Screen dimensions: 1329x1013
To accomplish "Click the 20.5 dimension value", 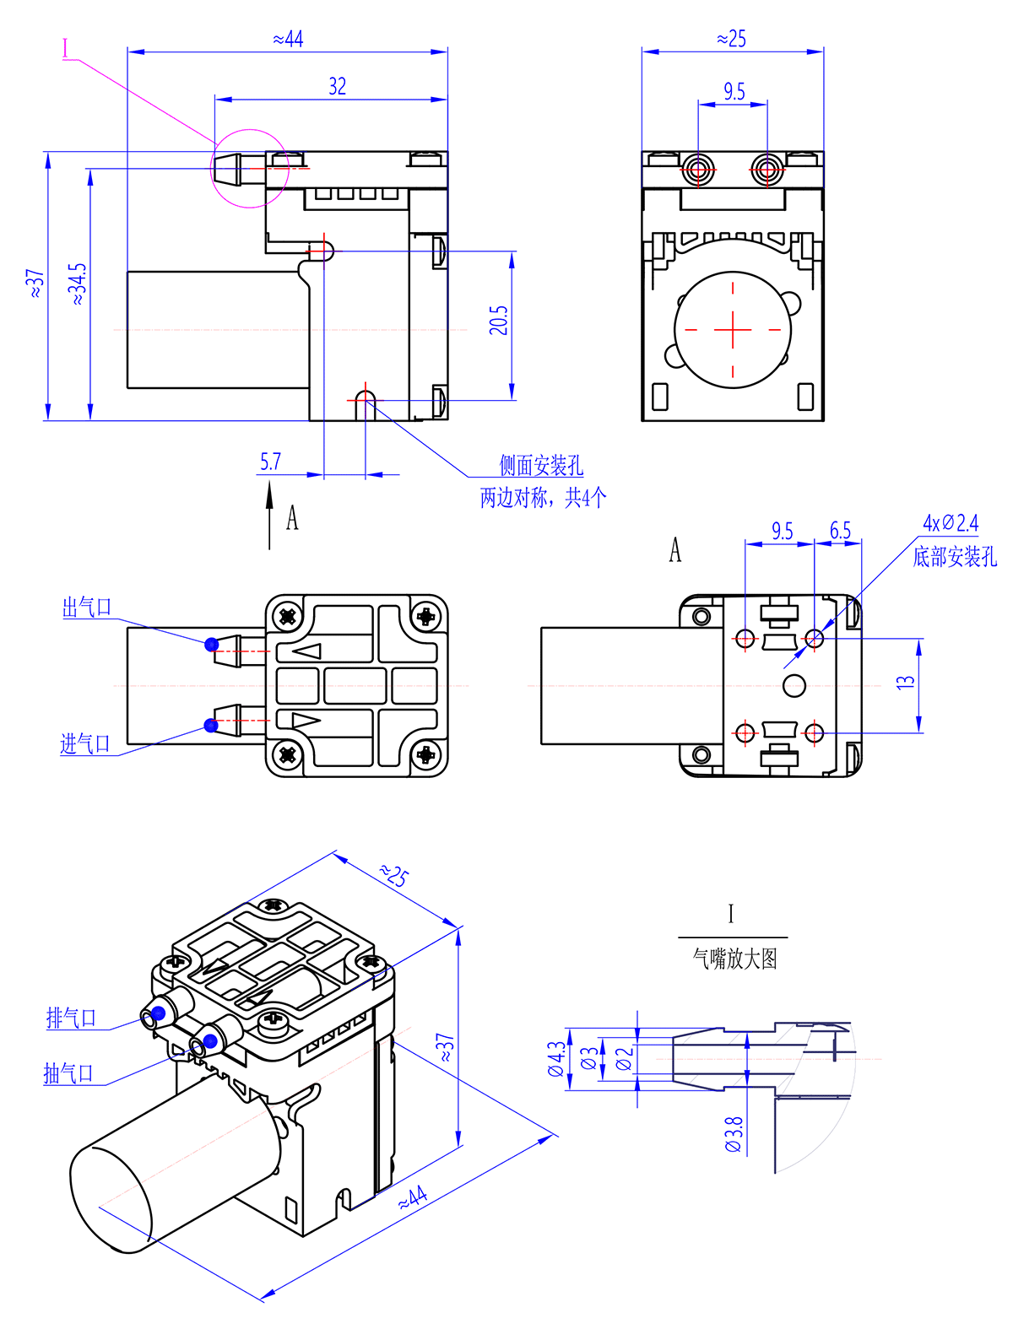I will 499,320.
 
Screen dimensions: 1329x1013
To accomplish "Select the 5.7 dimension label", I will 270,462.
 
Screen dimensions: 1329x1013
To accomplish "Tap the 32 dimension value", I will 337,87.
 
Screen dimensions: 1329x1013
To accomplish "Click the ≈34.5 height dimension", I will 77,284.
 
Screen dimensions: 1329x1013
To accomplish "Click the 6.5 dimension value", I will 840,531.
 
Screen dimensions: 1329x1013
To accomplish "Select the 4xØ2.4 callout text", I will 951,523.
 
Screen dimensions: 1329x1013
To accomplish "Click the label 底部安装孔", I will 955,557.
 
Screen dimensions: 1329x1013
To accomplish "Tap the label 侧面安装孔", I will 541,465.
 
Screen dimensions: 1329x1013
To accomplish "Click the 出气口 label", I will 87,608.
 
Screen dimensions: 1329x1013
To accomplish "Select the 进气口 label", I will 85,743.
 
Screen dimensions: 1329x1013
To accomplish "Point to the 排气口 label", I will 71,1018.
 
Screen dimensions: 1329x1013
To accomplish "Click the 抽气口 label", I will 68,1073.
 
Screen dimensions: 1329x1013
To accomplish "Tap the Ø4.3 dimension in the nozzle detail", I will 556,1059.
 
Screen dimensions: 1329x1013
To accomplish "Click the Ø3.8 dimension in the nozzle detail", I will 734,1134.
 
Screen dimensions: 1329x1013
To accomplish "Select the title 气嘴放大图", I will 734,959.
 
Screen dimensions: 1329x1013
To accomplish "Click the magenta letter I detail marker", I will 66,48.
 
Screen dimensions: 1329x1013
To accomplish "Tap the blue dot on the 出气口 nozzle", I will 212,645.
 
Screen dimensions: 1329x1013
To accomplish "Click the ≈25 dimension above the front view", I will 732,40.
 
